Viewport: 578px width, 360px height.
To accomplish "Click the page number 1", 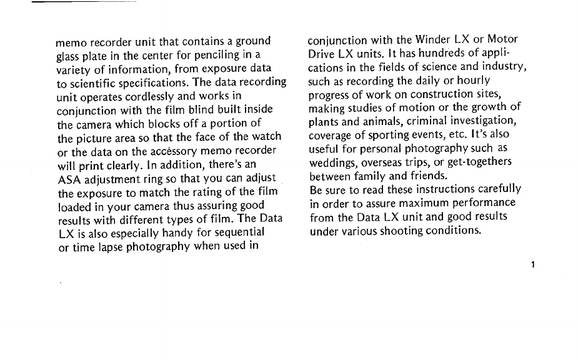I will pyautogui.click(x=532, y=264).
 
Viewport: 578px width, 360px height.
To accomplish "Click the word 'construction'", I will pyautogui.click(x=446, y=95).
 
